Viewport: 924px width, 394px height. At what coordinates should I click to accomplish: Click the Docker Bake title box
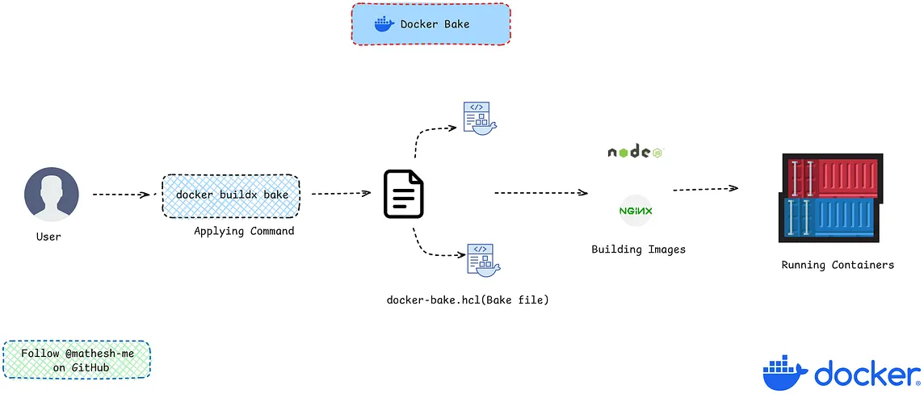(x=430, y=24)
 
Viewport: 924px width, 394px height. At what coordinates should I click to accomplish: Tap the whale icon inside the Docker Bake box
(x=384, y=24)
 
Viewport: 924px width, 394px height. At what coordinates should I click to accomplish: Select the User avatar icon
(x=51, y=196)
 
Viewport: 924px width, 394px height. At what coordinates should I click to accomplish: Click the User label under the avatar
(x=48, y=237)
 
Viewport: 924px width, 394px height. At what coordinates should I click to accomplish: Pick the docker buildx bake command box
(x=232, y=195)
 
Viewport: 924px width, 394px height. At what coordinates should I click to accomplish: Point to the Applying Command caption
(x=244, y=231)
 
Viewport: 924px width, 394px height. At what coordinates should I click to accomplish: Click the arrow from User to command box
(x=123, y=195)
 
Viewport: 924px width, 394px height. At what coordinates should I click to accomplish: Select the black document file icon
(x=403, y=194)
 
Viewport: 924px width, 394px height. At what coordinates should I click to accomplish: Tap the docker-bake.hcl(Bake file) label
(x=468, y=300)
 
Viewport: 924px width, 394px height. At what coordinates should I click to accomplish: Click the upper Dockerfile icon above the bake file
(x=478, y=119)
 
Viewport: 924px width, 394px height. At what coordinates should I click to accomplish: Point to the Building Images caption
(x=638, y=249)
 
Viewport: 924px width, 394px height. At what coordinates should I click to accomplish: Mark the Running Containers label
(x=838, y=265)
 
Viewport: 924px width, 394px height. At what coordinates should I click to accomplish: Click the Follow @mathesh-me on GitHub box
(x=77, y=361)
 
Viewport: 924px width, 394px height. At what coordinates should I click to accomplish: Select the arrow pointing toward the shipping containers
(x=705, y=189)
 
